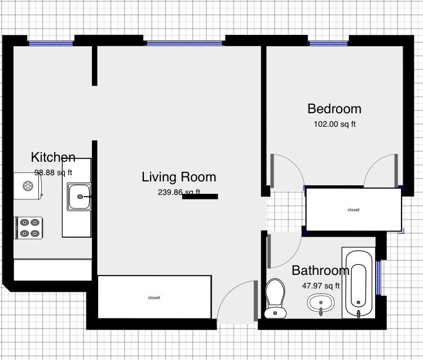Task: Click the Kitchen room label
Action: pyautogui.click(x=53, y=157)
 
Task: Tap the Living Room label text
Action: pyautogui.click(x=179, y=177)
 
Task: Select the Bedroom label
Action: pyautogui.click(x=334, y=109)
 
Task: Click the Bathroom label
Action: pyautogui.click(x=320, y=271)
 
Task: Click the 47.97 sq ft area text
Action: pyautogui.click(x=321, y=286)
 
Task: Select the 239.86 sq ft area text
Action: pyautogui.click(x=179, y=192)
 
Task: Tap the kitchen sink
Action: pyautogui.click(x=80, y=197)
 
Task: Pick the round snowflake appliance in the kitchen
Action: pyautogui.click(x=27, y=185)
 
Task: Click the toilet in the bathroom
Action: pyautogui.click(x=276, y=297)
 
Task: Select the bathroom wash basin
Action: pyautogui.click(x=321, y=305)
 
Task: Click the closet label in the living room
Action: pyautogui.click(x=154, y=297)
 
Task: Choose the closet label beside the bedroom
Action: pyautogui.click(x=353, y=210)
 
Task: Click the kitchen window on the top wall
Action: pyautogui.click(x=51, y=43)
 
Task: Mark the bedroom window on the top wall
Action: pyautogui.click(x=328, y=43)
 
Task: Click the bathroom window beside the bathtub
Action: pyautogui.click(x=379, y=278)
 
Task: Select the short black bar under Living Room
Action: pyautogui.click(x=200, y=197)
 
